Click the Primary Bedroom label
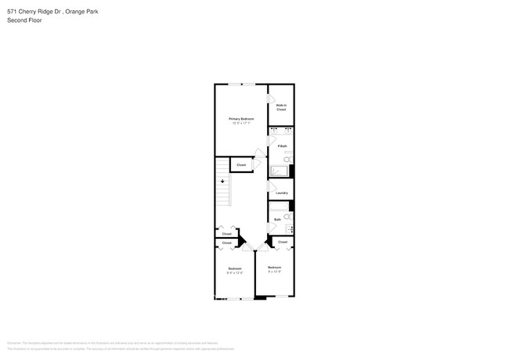[242, 118]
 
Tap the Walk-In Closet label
[281, 107]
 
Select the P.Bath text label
[280, 146]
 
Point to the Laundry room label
[281, 193]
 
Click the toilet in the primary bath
[287, 159]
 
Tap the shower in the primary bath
[280, 171]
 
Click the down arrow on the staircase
[222, 180]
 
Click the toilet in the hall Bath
[287, 217]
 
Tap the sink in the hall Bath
[291, 229]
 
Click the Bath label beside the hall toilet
[277, 219]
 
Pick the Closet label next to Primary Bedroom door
[241, 164]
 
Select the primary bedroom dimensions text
[242, 123]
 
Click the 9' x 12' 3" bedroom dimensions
[274, 272]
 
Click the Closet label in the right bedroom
[282, 242]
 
